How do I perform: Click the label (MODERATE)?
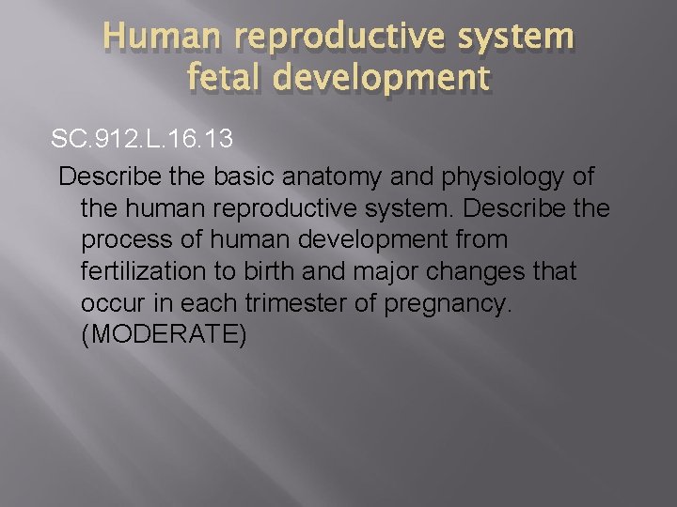click(165, 335)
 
